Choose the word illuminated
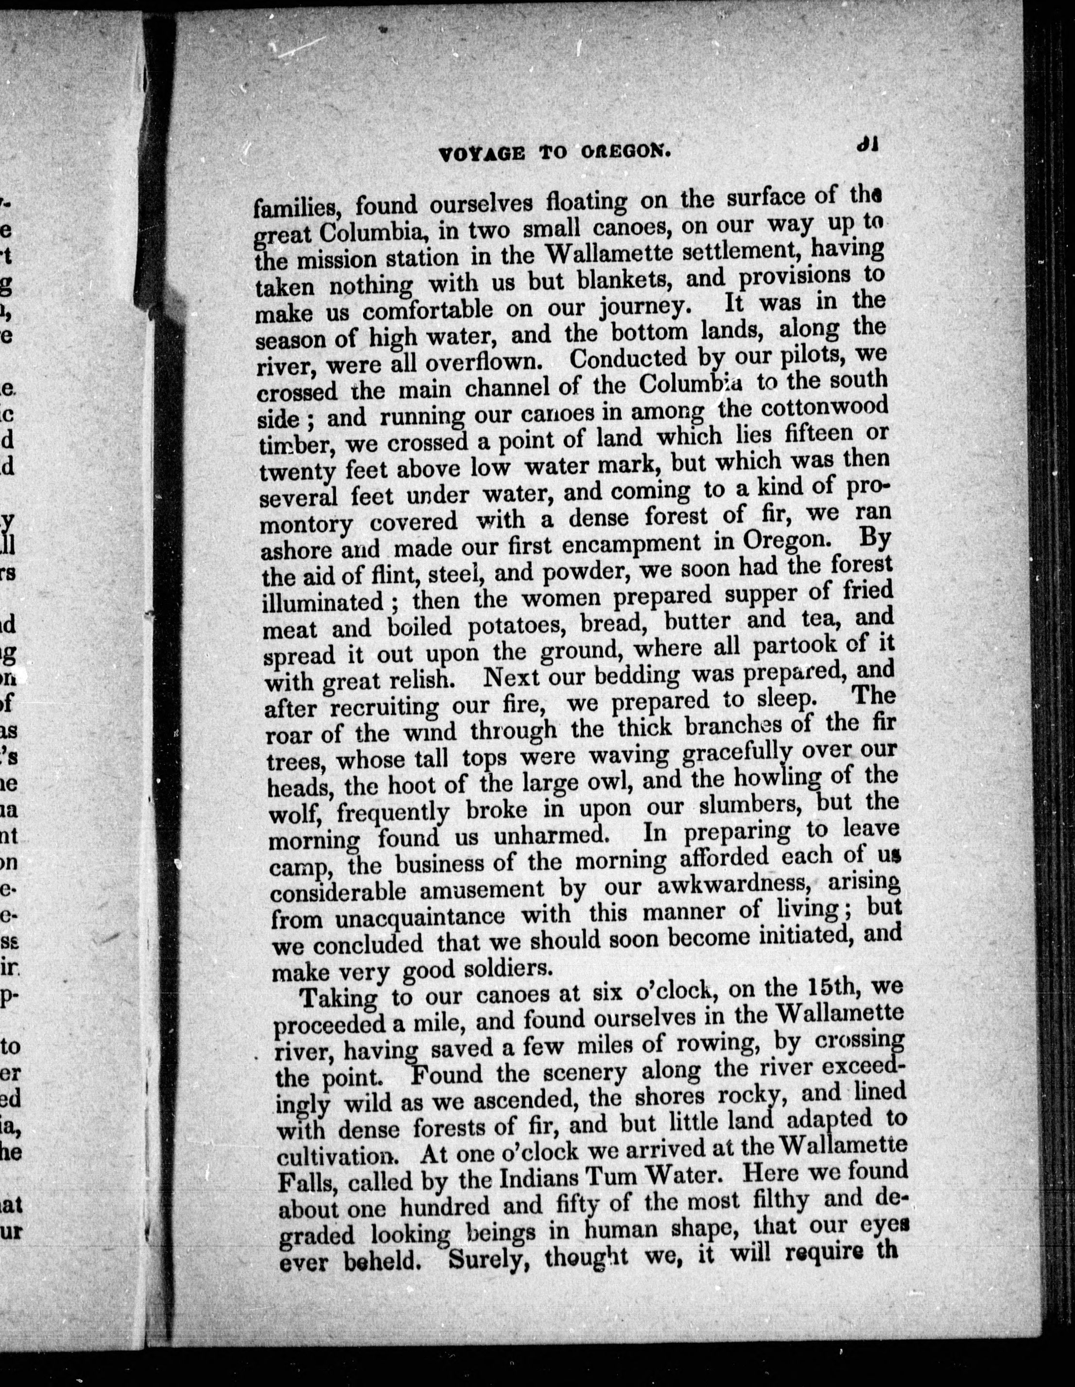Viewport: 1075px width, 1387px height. (324, 601)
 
